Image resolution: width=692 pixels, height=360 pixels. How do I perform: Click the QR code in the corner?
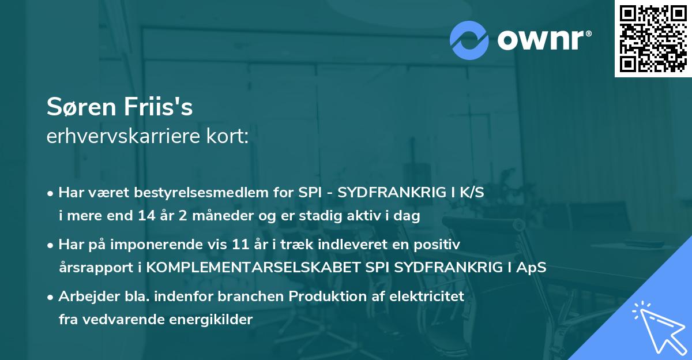[653, 39]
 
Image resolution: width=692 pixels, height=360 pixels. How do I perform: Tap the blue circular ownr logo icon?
[469, 40]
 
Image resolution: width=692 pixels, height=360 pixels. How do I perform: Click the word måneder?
[208, 216]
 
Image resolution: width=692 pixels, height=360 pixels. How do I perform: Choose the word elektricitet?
[428, 297]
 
